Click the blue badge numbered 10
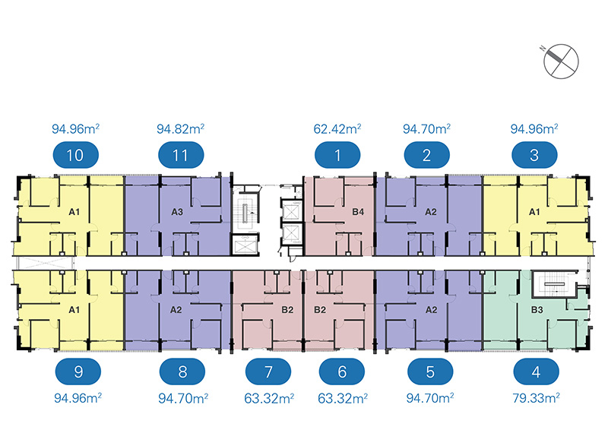[x=75, y=157]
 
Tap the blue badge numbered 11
[x=181, y=157]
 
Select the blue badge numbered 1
[x=337, y=157]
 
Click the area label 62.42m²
[x=337, y=128]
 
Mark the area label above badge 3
[x=534, y=128]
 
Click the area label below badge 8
[x=181, y=397]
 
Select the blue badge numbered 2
[x=427, y=157]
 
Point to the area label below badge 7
[x=268, y=397]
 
